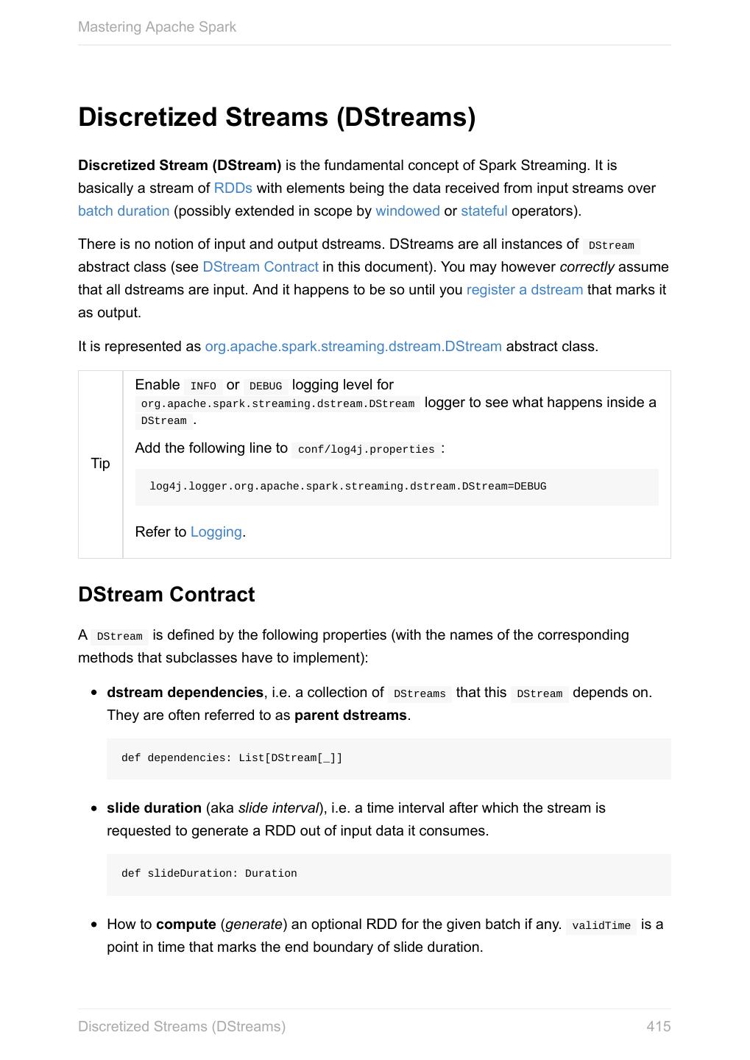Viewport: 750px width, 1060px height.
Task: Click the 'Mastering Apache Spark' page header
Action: [x=157, y=27]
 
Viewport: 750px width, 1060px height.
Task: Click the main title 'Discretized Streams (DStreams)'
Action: [x=277, y=117]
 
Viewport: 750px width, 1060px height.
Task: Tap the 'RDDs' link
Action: [x=233, y=188]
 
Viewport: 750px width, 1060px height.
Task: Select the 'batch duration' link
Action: [x=124, y=211]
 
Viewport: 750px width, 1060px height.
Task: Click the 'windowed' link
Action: [x=407, y=211]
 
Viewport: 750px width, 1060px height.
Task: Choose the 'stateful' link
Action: [x=484, y=211]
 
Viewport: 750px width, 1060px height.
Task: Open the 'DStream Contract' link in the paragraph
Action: [x=261, y=267]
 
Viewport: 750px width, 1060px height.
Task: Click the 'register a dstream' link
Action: [x=524, y=290]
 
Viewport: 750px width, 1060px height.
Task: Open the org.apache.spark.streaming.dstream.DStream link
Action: [x=353, y=347]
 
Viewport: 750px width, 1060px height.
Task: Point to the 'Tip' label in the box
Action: [x=100, y=464]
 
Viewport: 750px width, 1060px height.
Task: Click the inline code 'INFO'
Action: [x=203, y=386]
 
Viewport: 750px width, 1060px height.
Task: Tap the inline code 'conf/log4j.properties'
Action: [x=366, y=450]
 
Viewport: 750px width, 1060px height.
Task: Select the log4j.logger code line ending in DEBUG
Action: [x=347, y=487]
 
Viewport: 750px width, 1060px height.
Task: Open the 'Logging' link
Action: [x=216, y=532]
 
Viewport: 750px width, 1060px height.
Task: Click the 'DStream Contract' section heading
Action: [x=166, y=595]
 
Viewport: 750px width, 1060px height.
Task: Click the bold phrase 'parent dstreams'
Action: [x=350, y=715]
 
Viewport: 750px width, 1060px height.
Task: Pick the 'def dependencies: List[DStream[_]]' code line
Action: [x=232, y=758]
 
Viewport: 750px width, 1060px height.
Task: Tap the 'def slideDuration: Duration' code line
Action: [x=209, y=874]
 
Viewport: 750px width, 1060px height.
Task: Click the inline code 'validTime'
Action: [x=601, y=926]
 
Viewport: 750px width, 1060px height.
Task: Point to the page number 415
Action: [x=658, y=1027]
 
